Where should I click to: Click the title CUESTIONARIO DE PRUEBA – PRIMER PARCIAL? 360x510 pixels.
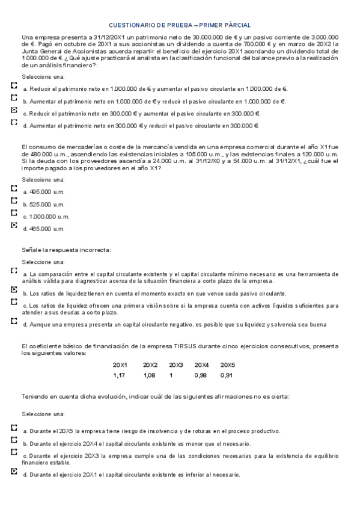(180, 25)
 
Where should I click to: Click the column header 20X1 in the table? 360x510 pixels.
(120, 365)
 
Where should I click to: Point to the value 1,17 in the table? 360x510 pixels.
(120, 375)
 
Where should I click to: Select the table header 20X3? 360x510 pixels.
(175, 365)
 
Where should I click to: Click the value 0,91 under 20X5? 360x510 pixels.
(227, 375)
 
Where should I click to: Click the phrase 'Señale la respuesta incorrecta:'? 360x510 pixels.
(66, 250)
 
